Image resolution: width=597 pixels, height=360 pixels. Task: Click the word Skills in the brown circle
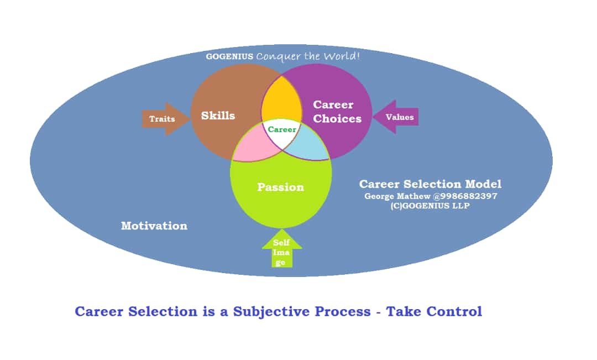point(218,116)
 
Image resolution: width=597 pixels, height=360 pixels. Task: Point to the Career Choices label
point(337,111)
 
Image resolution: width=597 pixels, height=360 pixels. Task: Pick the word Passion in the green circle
point(280,187)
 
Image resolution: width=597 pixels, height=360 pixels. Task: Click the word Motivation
point(154,226)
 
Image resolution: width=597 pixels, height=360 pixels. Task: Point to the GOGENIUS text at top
point(229,56)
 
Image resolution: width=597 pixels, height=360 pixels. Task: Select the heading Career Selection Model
point(430,184)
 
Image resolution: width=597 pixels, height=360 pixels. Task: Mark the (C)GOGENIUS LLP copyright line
point(430,206)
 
